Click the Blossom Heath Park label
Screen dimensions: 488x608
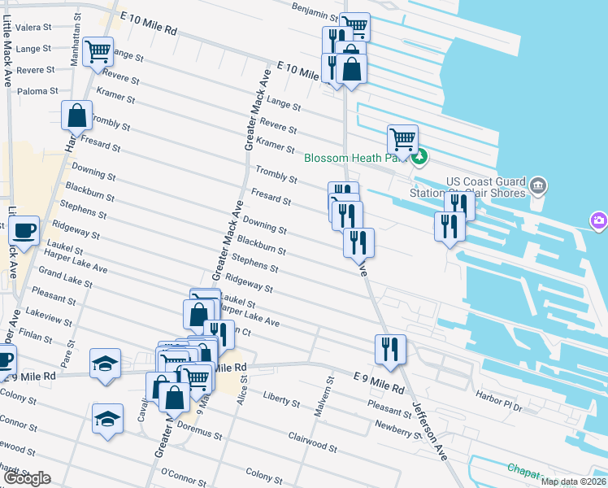click(x=354, y=158)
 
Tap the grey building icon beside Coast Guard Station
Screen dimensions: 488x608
click(x=537, y=187)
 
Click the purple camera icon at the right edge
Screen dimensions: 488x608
click(x=598, y=220)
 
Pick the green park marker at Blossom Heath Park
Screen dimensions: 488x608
click(x=419, y=158)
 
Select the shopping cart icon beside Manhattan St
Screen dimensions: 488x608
click(x=98, y=51)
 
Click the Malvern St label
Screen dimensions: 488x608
click(x=330, y=390)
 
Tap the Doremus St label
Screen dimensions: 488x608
click(x=201, y=432)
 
